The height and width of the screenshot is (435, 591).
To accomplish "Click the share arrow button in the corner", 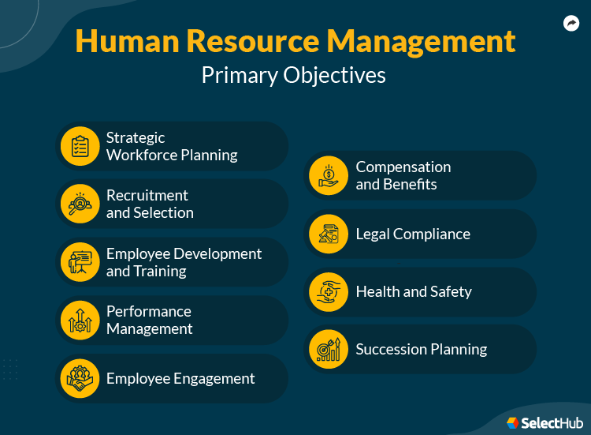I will (x=571, y=24).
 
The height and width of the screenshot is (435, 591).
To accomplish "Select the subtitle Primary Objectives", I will (x=294, y=74).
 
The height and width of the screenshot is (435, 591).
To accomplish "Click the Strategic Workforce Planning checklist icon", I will (x=80, y=146).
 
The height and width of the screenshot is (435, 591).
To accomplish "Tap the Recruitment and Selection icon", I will (x=80, y=204).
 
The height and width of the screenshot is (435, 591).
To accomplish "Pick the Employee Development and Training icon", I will (x=80, y=262).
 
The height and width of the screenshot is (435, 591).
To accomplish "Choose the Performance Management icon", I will (x=80, y=320).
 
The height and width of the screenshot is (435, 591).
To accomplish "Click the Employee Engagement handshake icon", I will (x=80, y=378).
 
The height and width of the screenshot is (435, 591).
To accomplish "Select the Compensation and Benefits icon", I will (x=329, y=175).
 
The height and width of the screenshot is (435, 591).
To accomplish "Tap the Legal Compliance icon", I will (x=329, y=234).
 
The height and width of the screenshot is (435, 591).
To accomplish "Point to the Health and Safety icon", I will (x=329, y=291).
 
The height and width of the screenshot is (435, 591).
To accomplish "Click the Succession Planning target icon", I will (x=329, y=349).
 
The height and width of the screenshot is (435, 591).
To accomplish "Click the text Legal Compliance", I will (x=413, y=234).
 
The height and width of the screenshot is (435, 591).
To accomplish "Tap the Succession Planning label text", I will (x=422, y=349).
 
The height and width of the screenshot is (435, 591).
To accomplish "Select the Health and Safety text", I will (x=414, y=291).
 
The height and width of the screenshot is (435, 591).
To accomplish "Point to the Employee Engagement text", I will (x=180, y=378).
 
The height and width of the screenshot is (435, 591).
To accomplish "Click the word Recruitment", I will (x=147, y=195).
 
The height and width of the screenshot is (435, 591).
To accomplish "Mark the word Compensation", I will (x=403, y=167).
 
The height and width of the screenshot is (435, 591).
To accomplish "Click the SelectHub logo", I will (x=545, y=423).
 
